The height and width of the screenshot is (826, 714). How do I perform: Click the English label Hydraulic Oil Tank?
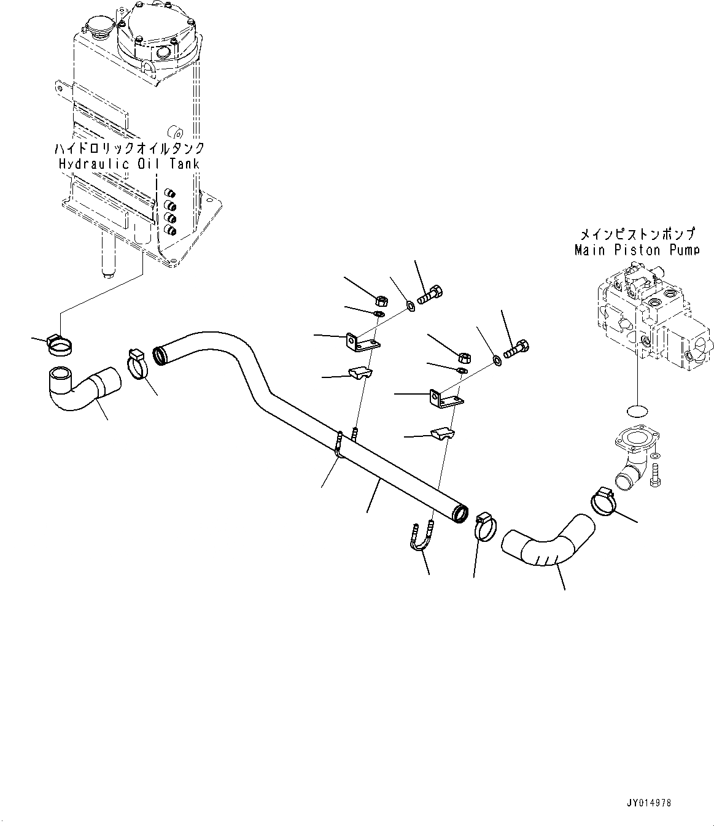point(129,164)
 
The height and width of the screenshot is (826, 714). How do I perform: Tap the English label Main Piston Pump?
point(636,250)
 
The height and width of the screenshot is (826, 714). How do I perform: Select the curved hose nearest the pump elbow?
point(548,541)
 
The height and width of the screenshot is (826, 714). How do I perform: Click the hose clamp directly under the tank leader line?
point(60,346)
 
